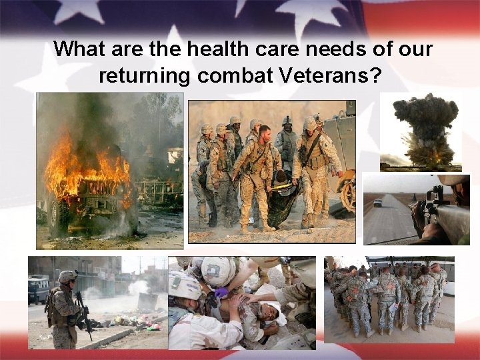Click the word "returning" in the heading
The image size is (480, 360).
(x=143, y=75)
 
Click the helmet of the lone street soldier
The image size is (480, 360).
(x=67, y=276)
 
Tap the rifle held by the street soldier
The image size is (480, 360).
(x=84, y=313)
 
